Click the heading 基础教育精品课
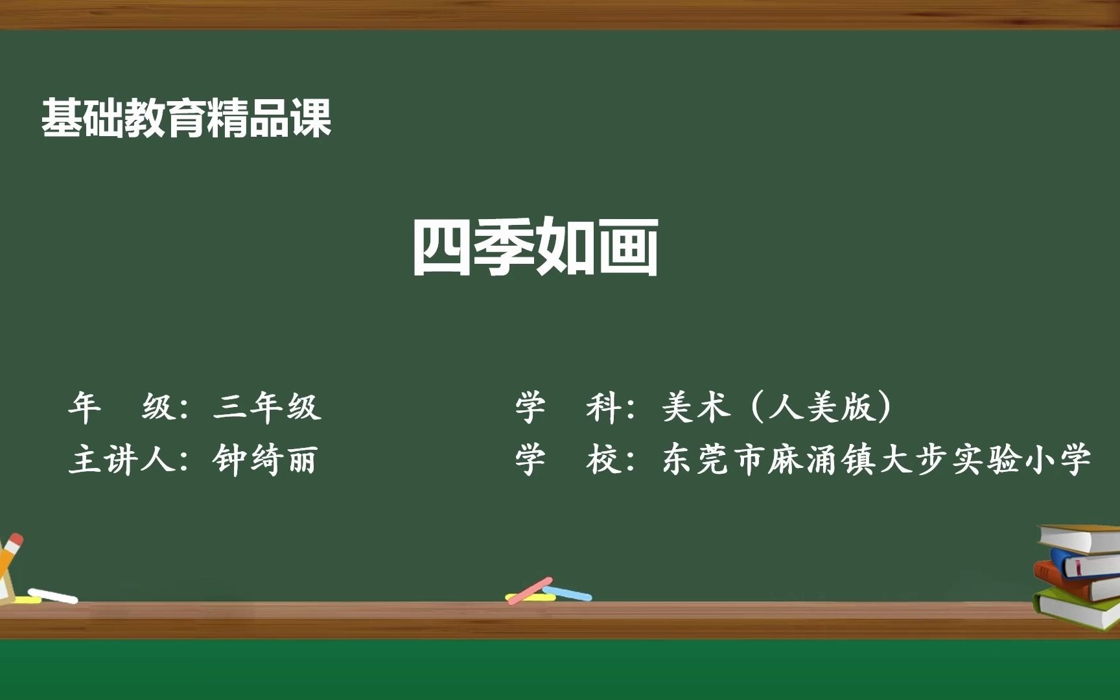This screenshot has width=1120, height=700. tap(187, 119)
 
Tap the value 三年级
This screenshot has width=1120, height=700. tap(267, 408)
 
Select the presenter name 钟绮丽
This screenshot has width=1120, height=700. tap(264, 460)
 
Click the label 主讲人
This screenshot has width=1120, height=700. tap(122, 460)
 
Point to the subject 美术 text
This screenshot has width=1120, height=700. tap(696, 408)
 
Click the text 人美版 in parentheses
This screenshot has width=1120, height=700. tap(822, 408)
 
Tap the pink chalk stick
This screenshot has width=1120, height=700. tap(530, 590)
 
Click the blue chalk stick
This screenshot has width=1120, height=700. tap(568, 592)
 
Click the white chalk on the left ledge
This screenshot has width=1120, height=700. tap(53, 596)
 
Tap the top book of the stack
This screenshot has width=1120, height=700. tap(1080, 537)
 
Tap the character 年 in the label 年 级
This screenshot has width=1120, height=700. tap(85, 408)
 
